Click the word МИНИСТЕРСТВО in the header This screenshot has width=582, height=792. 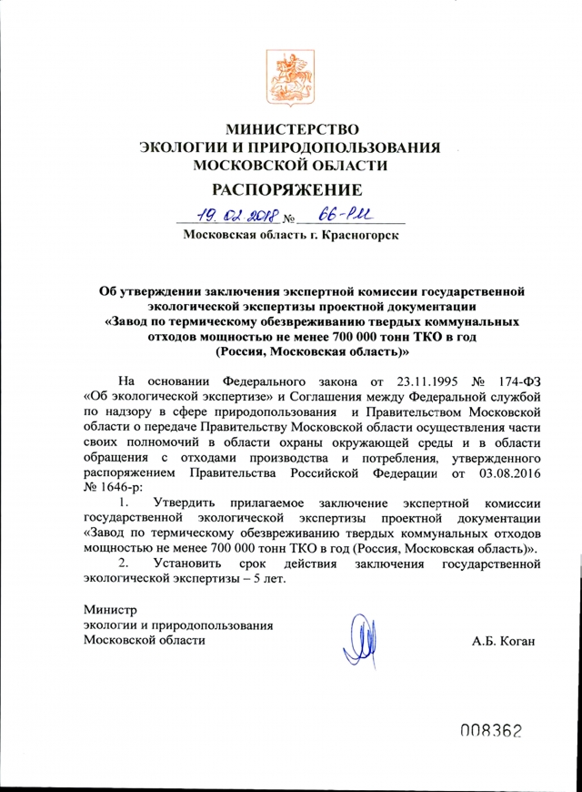click(292, 127)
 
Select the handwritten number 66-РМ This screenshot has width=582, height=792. click(333, 216)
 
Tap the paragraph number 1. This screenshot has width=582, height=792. click(126, 503)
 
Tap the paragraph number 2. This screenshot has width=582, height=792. click(126, 565)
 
